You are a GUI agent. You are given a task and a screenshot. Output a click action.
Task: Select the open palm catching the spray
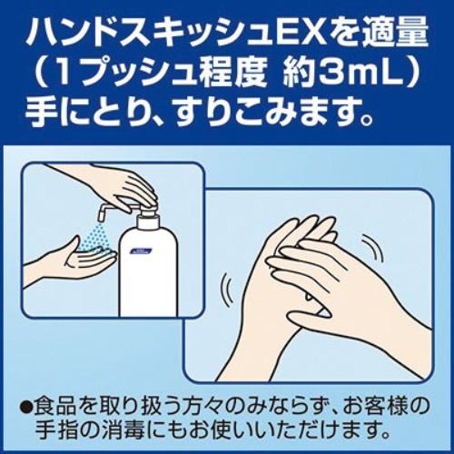77,257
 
